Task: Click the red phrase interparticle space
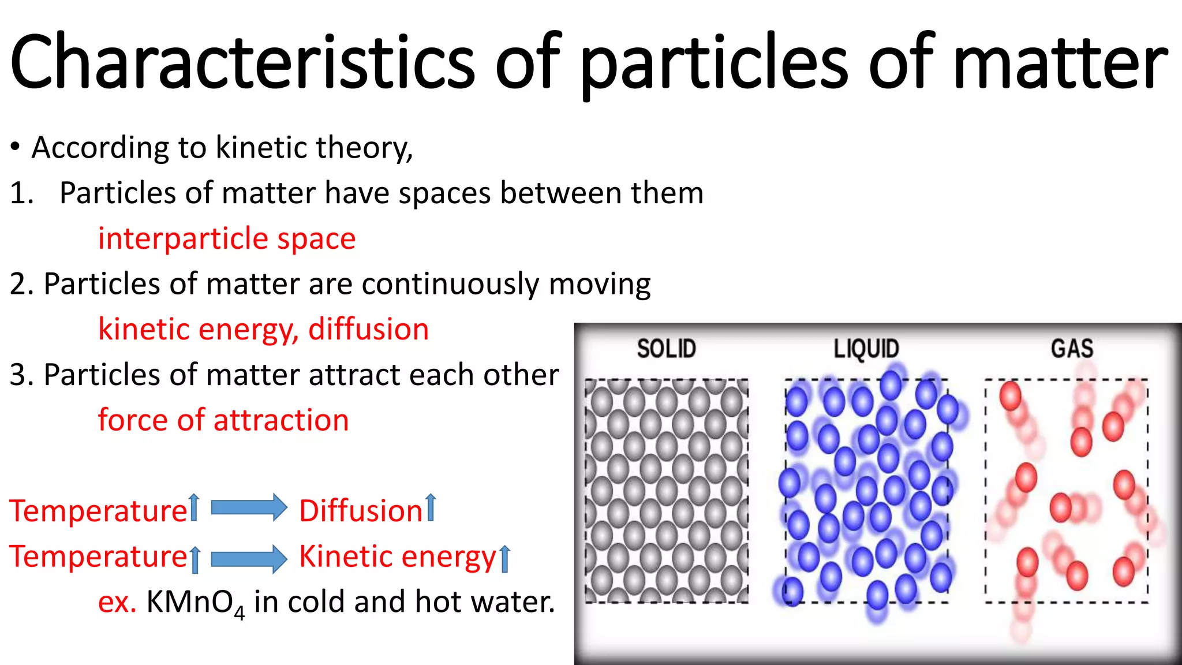click(227, 238)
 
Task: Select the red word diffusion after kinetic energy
click(368, 330)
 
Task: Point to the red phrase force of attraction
click(223, 420)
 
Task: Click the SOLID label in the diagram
click(666, 349)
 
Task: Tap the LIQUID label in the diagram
click(866, 349)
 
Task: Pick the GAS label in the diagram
click(1072, 349)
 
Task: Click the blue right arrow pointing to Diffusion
click(249, 508)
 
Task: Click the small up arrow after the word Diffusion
click(431, 508)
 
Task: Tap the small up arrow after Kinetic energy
click(504, 558)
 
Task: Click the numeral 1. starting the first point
click(21, 193)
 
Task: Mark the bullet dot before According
click(16, 148)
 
